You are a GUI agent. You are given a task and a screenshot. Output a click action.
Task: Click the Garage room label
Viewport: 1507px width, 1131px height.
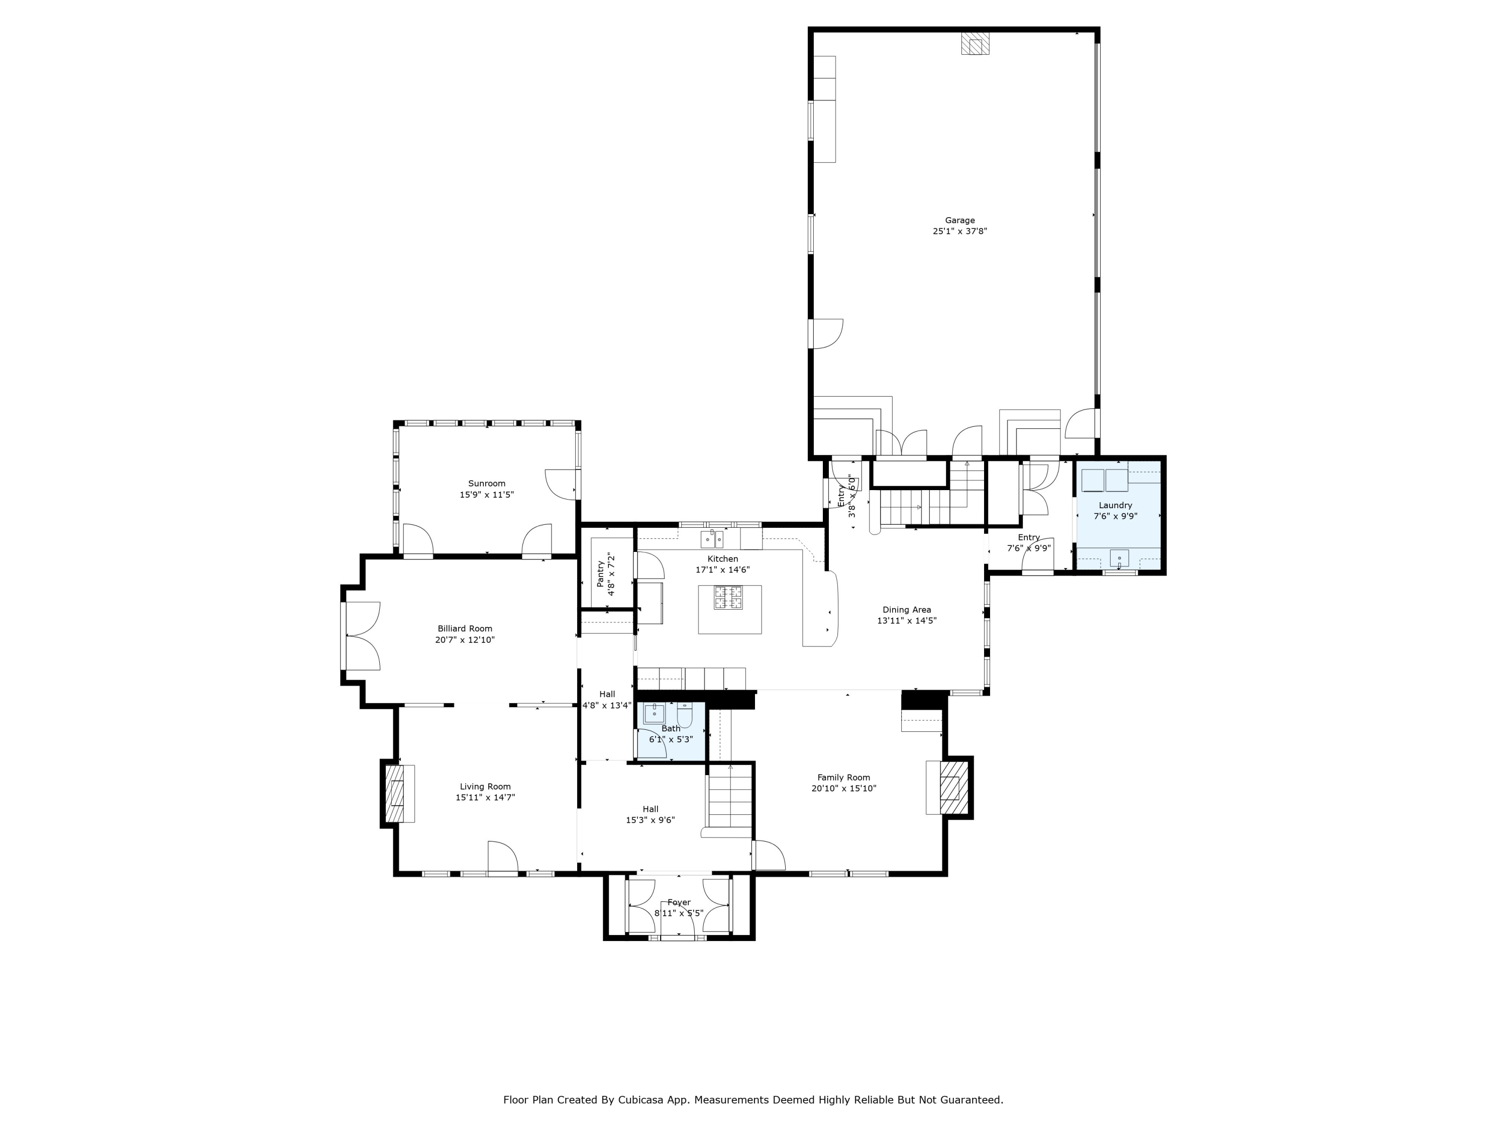coord(959,220)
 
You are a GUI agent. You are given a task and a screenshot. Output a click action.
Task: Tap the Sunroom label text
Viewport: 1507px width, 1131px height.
coord(486,484)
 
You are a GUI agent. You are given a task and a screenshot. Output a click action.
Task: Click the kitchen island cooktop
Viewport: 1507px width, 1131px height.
coord(728,598)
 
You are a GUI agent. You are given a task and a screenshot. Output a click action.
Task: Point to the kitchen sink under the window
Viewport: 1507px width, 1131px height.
coord(712,539)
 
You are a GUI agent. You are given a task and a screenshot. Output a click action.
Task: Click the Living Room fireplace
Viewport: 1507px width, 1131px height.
coord(395,794)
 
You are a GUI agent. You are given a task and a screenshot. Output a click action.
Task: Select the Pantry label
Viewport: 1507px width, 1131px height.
coord(600,574)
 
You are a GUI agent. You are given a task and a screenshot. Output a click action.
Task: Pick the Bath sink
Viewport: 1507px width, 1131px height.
coord(654,714)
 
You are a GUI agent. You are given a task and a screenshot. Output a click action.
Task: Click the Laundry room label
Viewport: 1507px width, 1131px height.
coord(1115,505)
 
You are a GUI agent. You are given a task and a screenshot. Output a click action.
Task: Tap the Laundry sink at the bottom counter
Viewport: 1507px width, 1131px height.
coord(1119,558)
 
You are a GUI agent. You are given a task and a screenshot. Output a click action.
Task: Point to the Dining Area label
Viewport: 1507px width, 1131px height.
coord(906,610)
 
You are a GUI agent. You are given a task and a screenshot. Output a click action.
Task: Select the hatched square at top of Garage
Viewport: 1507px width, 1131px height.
coord(975,44)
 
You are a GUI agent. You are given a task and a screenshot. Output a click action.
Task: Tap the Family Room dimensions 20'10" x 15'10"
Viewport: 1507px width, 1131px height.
coord(843,789)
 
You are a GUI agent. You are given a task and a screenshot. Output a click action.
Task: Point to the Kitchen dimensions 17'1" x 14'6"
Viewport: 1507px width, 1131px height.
coord(722,570)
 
